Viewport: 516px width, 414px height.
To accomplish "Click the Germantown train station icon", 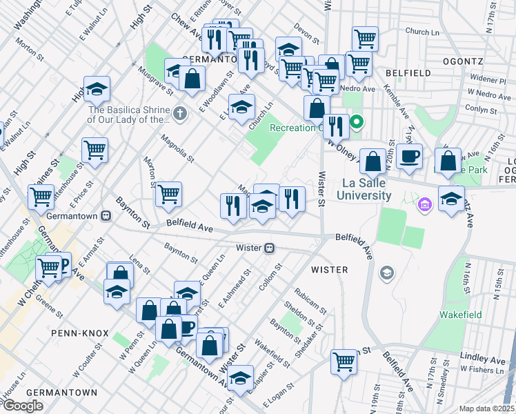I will click(106, 215).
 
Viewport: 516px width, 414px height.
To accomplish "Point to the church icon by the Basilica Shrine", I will click(180, 112).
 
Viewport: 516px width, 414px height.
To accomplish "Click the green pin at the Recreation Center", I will click(357, 124).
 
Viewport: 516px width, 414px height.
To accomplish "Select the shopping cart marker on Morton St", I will click(168, 194).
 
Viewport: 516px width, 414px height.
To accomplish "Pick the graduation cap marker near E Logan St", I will click(240, 378).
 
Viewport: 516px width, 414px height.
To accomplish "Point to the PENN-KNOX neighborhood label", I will click(79, 333).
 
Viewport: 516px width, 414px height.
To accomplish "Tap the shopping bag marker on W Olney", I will click(373, 162).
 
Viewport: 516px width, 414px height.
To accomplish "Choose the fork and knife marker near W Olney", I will click(336, 126).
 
